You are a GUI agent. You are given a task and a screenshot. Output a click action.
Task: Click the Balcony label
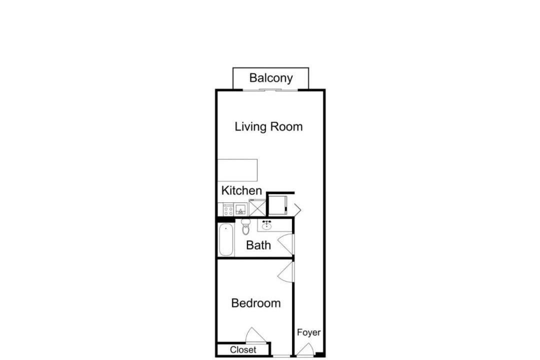point(271,78)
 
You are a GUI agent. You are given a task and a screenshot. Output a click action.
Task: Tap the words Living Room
point(268,127)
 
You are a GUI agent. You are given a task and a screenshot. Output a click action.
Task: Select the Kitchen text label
point(241,190)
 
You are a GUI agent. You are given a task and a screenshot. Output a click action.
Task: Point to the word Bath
point(258,245)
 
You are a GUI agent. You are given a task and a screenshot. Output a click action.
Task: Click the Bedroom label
point(256,303)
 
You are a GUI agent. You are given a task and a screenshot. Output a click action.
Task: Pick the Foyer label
point(308,332)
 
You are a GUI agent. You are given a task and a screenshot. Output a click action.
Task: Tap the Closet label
point(243,350)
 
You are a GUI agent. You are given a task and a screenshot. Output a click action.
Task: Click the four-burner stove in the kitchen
point(228,210)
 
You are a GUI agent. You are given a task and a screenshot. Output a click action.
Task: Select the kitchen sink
point(241,210)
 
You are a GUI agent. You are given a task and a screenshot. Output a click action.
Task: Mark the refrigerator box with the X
point(257,207)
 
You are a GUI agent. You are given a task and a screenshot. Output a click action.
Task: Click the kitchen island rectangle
point(237,170)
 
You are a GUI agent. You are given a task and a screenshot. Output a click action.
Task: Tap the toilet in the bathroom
point(245,226)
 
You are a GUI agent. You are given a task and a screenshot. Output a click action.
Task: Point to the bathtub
point(226,240)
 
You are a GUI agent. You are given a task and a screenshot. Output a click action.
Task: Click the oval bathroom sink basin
point(266,226)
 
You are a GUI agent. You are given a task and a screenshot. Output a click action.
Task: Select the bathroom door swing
point(285,244)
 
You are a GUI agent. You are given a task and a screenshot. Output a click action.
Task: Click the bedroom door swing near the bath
point(285,272)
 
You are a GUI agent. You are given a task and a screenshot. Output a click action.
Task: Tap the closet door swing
point(255,335)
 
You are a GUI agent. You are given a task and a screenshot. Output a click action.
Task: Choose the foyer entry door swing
point(305,349)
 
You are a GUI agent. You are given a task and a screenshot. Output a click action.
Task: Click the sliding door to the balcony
point(270,90)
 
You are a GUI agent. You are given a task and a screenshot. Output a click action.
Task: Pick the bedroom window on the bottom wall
point(281,356)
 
